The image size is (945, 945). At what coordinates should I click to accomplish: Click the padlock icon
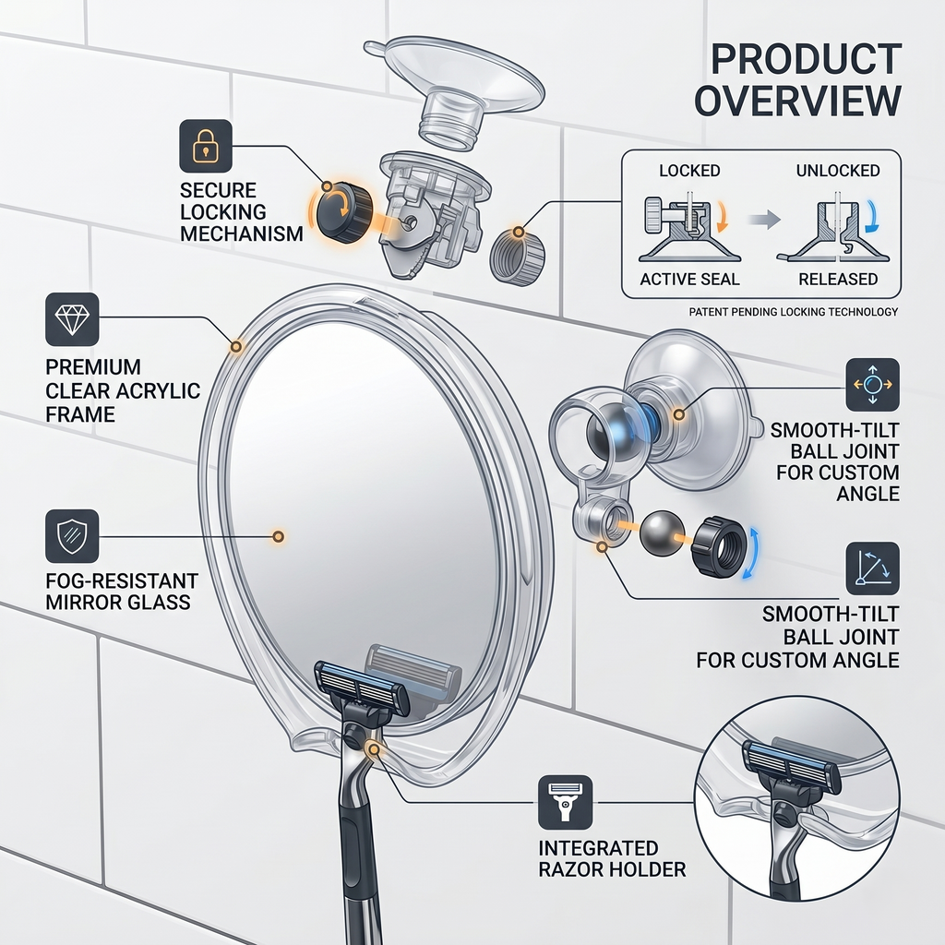(206, 146)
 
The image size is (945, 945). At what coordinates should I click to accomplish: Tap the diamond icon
(72, 319)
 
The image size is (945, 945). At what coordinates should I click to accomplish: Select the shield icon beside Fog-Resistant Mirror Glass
(72, 536)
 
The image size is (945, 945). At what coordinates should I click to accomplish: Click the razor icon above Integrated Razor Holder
(566, 802)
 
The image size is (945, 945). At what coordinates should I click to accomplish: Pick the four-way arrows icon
(873, 385)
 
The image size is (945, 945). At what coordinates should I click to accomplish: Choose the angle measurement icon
(873, 568)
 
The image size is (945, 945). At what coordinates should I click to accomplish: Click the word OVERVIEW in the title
(798, 101)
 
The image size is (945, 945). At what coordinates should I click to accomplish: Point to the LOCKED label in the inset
(689, 171)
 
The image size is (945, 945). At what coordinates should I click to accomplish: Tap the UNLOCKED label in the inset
(838, 171)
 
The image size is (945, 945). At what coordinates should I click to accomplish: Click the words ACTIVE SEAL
(689, 279)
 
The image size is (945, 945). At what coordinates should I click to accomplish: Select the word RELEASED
(838, 279)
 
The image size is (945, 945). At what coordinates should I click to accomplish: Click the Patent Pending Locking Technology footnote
(793, 312)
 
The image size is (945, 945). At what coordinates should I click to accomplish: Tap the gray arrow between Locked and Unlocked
(764, 220)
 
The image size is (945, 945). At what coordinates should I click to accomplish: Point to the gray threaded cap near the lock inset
(517, 253)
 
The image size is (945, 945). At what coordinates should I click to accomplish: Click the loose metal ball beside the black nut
(657, 533)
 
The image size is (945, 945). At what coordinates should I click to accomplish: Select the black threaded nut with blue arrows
(718, 545)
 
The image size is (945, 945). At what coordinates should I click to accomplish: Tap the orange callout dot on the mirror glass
(278, 536)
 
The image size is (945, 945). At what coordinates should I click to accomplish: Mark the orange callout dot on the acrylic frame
(236, 346)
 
